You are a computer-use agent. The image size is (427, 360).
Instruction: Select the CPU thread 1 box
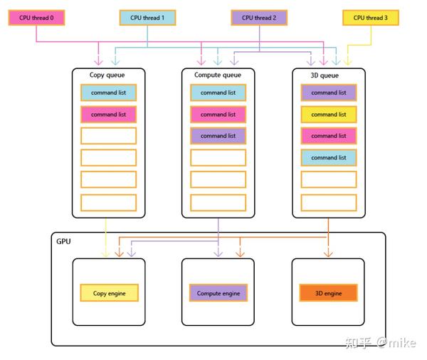[147, 18]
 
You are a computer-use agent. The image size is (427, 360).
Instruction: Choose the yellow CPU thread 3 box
[371, 18]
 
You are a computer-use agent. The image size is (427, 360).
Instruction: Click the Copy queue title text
[108, 75]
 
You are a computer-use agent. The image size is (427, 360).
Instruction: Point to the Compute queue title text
[218, 75]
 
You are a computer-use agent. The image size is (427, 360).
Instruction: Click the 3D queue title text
[328, 75]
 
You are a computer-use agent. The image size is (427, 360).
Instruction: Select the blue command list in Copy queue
[108, 92]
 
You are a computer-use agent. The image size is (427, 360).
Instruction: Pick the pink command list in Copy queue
[108, 114]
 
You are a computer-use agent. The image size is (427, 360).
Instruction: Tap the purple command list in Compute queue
[218, 136]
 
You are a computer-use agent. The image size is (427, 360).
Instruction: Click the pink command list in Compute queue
[218, 114]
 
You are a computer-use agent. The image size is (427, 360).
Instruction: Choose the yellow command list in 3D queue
[328, 114]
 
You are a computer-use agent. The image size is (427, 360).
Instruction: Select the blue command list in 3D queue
[328, 158]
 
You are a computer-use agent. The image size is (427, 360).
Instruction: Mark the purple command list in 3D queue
[328, 92]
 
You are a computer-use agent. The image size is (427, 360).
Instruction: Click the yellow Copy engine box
[109, 293]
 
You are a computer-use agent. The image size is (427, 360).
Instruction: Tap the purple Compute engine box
[218, 293]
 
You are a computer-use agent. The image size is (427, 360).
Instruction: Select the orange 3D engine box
[328, 293]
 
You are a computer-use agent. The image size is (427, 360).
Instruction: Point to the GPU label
[63, 242]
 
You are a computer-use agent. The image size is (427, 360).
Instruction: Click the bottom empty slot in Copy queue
[108, 203]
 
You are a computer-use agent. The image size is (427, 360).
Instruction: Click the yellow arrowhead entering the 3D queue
[347, 62]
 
